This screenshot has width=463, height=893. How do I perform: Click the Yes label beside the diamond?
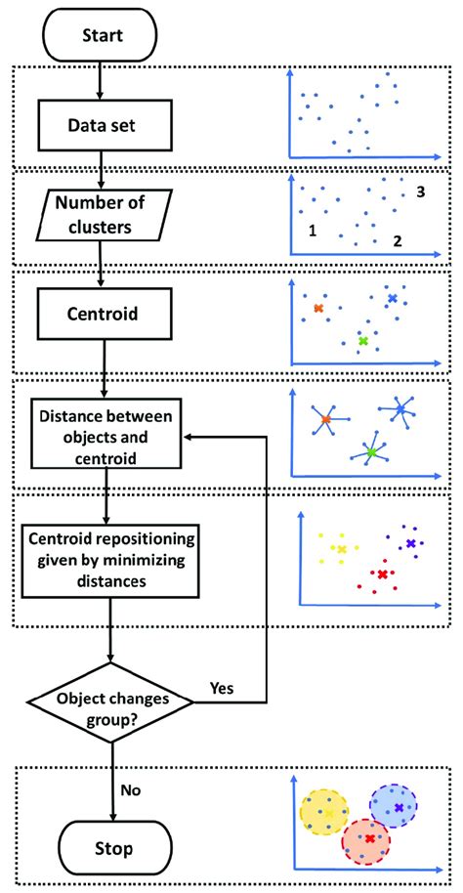[x=223, y=688]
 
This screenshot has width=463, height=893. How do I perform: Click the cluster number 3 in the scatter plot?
[x=420, y=192]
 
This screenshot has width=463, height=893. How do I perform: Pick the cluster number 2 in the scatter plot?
[x=398, y=240]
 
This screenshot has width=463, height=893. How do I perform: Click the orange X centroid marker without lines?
[x=318, y=308]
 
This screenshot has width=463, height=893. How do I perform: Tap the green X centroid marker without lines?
[x=363, y=341]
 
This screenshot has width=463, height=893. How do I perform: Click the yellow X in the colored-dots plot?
[x=341, y=549]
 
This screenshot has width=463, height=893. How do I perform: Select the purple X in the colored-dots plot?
[x=410, y=541]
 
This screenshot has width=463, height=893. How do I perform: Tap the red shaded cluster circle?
[x=365, y=839]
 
